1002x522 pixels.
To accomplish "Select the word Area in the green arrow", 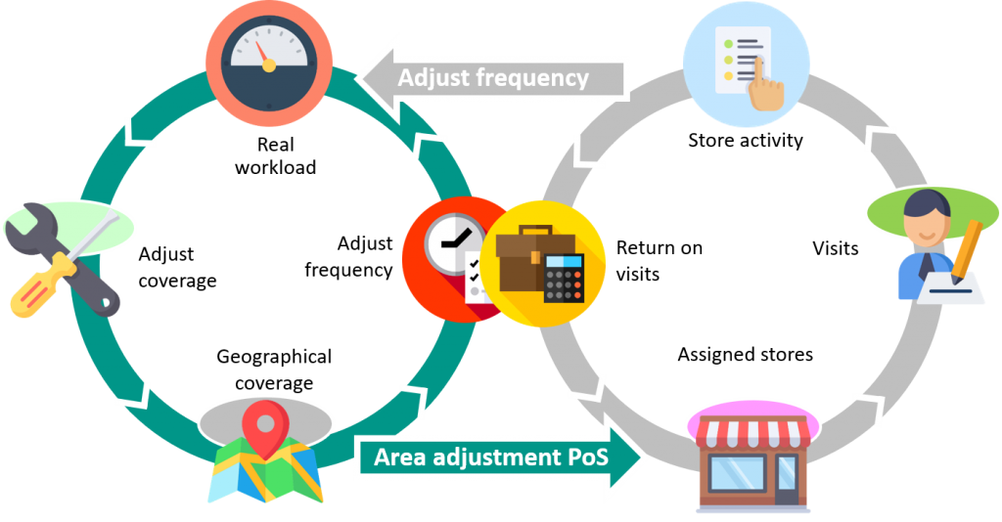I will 398,457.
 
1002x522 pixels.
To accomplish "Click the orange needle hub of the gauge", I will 268,65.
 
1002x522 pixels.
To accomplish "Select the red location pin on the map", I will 265,424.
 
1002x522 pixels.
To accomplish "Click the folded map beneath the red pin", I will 265,474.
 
